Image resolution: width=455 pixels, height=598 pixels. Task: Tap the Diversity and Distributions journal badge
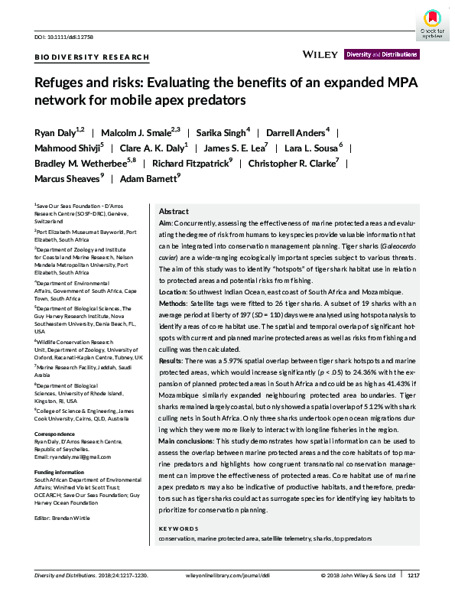tap(382, 55)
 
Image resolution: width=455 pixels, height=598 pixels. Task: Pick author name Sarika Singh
tap(221, 132)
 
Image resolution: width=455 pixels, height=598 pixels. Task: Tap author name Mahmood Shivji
tap(58, 148)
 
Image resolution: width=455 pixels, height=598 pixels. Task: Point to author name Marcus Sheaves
tap(67, 179)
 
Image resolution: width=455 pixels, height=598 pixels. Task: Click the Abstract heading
tap(173, 211)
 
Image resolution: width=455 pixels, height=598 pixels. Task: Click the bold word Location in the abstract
tap(173, 292)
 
